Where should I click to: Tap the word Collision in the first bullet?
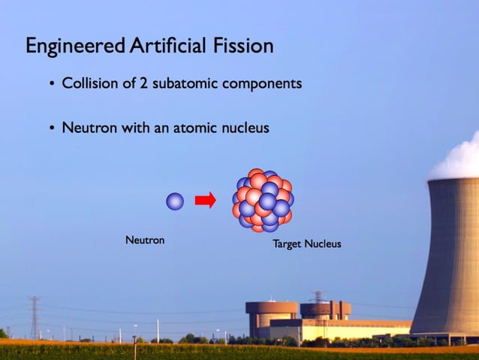click(89, 83)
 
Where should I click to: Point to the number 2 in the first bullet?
click(143, 83)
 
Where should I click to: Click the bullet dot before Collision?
click(52, 84)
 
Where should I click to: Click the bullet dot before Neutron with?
click(52, 129)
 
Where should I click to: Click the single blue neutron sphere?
click(175, 201)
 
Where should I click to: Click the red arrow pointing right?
click(205, 200)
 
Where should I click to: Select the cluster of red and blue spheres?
click(263, 200)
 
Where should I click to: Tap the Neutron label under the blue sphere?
click(145, 241)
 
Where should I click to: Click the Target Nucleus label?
click(306, 244)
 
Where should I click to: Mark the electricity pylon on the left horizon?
click(34, 316)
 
